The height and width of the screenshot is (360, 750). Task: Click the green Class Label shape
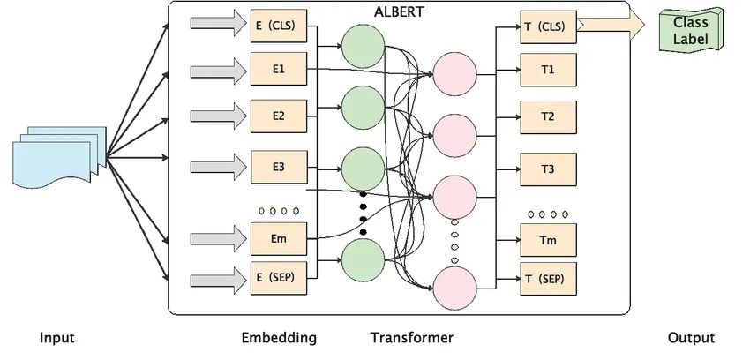coord(690,30)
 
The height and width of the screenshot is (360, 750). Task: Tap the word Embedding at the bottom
coord(278,338)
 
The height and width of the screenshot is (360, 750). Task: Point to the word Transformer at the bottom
coord(411,338)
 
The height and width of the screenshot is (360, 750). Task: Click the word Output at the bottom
coord(691,338)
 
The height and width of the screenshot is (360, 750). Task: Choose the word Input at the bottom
coord(56,338)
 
